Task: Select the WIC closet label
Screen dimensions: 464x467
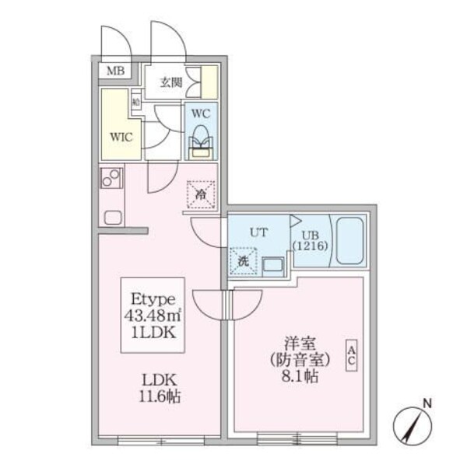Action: pyautogui.click(x=121, y=137)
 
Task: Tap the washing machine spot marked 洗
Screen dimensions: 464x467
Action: pyautogui.click(x=244, y=261)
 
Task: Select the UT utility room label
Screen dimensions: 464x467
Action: pyautogui.click(x=258, y=232)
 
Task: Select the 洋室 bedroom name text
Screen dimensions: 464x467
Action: pyautogui.click(x=297, y=341)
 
